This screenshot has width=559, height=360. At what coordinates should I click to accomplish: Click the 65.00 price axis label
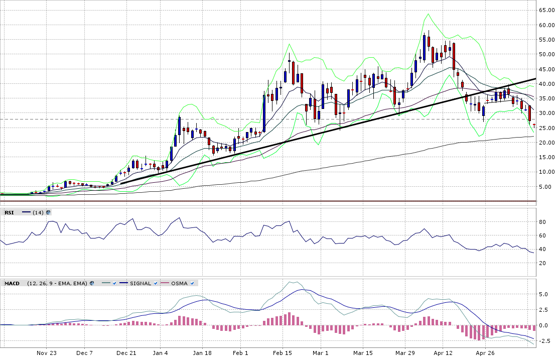pyautogui.click(x=546, y=10)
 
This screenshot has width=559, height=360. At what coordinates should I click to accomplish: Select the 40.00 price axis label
pyautogui.click(x=546, y=84)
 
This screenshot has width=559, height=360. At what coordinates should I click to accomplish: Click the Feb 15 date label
pyautogui.click(x=282, y=353)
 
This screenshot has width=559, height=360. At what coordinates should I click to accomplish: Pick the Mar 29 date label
pyautogui.click(x=404, y=353)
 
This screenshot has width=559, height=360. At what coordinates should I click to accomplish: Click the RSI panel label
pyautogui.click(x=9, y=212)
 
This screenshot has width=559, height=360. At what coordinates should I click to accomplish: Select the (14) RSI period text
pyautogui.click(x=38, y=212)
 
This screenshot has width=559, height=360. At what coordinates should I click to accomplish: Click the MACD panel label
pyautogui.click(x=12, y=283)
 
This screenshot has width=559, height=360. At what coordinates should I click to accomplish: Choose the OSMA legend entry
pyautogui.click(x=179, y=283)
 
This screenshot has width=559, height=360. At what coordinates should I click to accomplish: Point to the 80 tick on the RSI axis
pyautogui.click(x=541, y=222)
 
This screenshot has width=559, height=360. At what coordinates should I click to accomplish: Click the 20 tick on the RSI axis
pyautogui.click(x=541, y=263)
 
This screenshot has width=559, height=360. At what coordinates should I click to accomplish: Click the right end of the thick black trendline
pyautogui.click(x=536, y=79)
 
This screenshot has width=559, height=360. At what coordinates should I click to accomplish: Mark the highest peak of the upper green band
pyautogui.click(x=428, y=14)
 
